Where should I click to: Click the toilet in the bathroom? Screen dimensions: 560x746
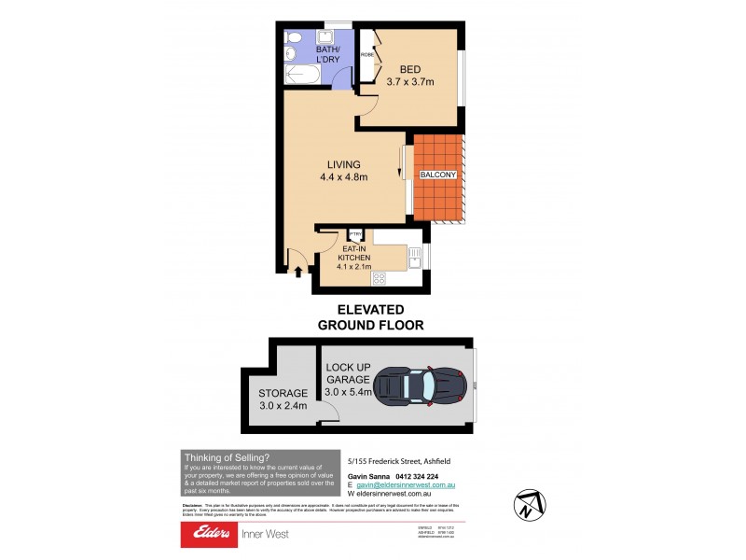point(294,38)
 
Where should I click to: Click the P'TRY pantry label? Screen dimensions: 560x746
point(354,234)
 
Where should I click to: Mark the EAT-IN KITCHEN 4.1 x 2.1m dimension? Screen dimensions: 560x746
point(355,258)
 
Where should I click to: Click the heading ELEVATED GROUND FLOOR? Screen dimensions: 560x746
point(371,317)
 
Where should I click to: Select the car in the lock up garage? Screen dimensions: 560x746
point(419,385)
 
